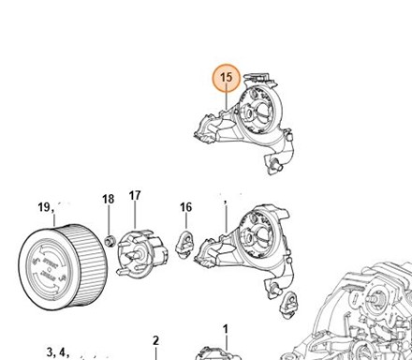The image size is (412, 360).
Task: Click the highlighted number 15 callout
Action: pos(227,78)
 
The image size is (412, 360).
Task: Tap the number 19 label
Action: pos(44,207)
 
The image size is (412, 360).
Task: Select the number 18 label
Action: pos(109,199)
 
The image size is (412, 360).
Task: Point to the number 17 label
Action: pos(135,196)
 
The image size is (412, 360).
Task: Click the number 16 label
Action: pos(186,207)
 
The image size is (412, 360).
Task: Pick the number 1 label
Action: pos(226,329)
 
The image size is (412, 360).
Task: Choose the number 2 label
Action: pos(155,340)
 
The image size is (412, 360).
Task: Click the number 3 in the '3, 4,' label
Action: pos(50,352)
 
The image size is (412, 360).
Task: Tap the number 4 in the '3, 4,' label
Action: pos(62,352)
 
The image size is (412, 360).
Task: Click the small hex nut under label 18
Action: pos(110,241)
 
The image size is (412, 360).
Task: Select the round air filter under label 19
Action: pos(62,267)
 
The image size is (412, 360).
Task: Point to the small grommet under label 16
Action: pos(185,244)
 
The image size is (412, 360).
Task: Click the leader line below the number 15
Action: pos(227,100)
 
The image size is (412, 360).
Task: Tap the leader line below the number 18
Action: pos(109,220)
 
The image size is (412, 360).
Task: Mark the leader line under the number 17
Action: pos(135,215)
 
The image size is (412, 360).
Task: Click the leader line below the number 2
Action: pos(155,353)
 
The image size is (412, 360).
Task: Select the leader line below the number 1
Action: pos(226,342)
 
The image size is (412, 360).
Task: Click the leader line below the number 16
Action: pos(186,221)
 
